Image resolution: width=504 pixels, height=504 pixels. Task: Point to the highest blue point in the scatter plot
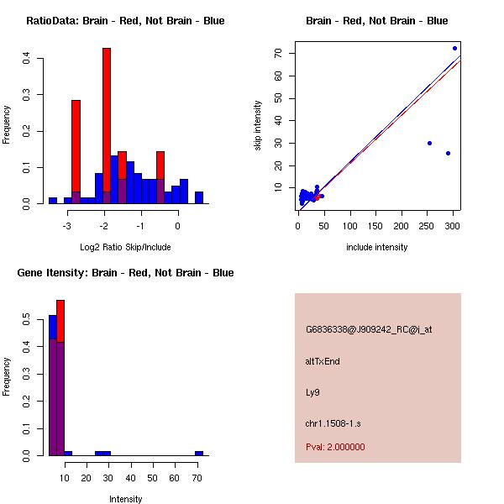click(454, 48)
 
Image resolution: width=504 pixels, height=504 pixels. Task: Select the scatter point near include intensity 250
click(429, 143)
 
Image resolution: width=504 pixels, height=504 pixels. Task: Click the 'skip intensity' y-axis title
click(259, 126)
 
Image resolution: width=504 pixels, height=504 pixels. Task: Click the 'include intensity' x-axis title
click(377, 248)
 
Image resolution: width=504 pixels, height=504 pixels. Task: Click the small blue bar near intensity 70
click(199, 453)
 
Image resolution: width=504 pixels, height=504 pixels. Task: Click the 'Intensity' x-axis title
click(126, 499)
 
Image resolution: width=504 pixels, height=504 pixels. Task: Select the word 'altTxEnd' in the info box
click(323, 361)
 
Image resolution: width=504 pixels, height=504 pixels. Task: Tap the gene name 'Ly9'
click(312, 392)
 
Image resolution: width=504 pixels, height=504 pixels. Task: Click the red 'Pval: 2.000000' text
click(335, 447)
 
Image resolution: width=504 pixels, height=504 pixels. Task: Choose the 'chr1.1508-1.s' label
click(333, 423)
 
